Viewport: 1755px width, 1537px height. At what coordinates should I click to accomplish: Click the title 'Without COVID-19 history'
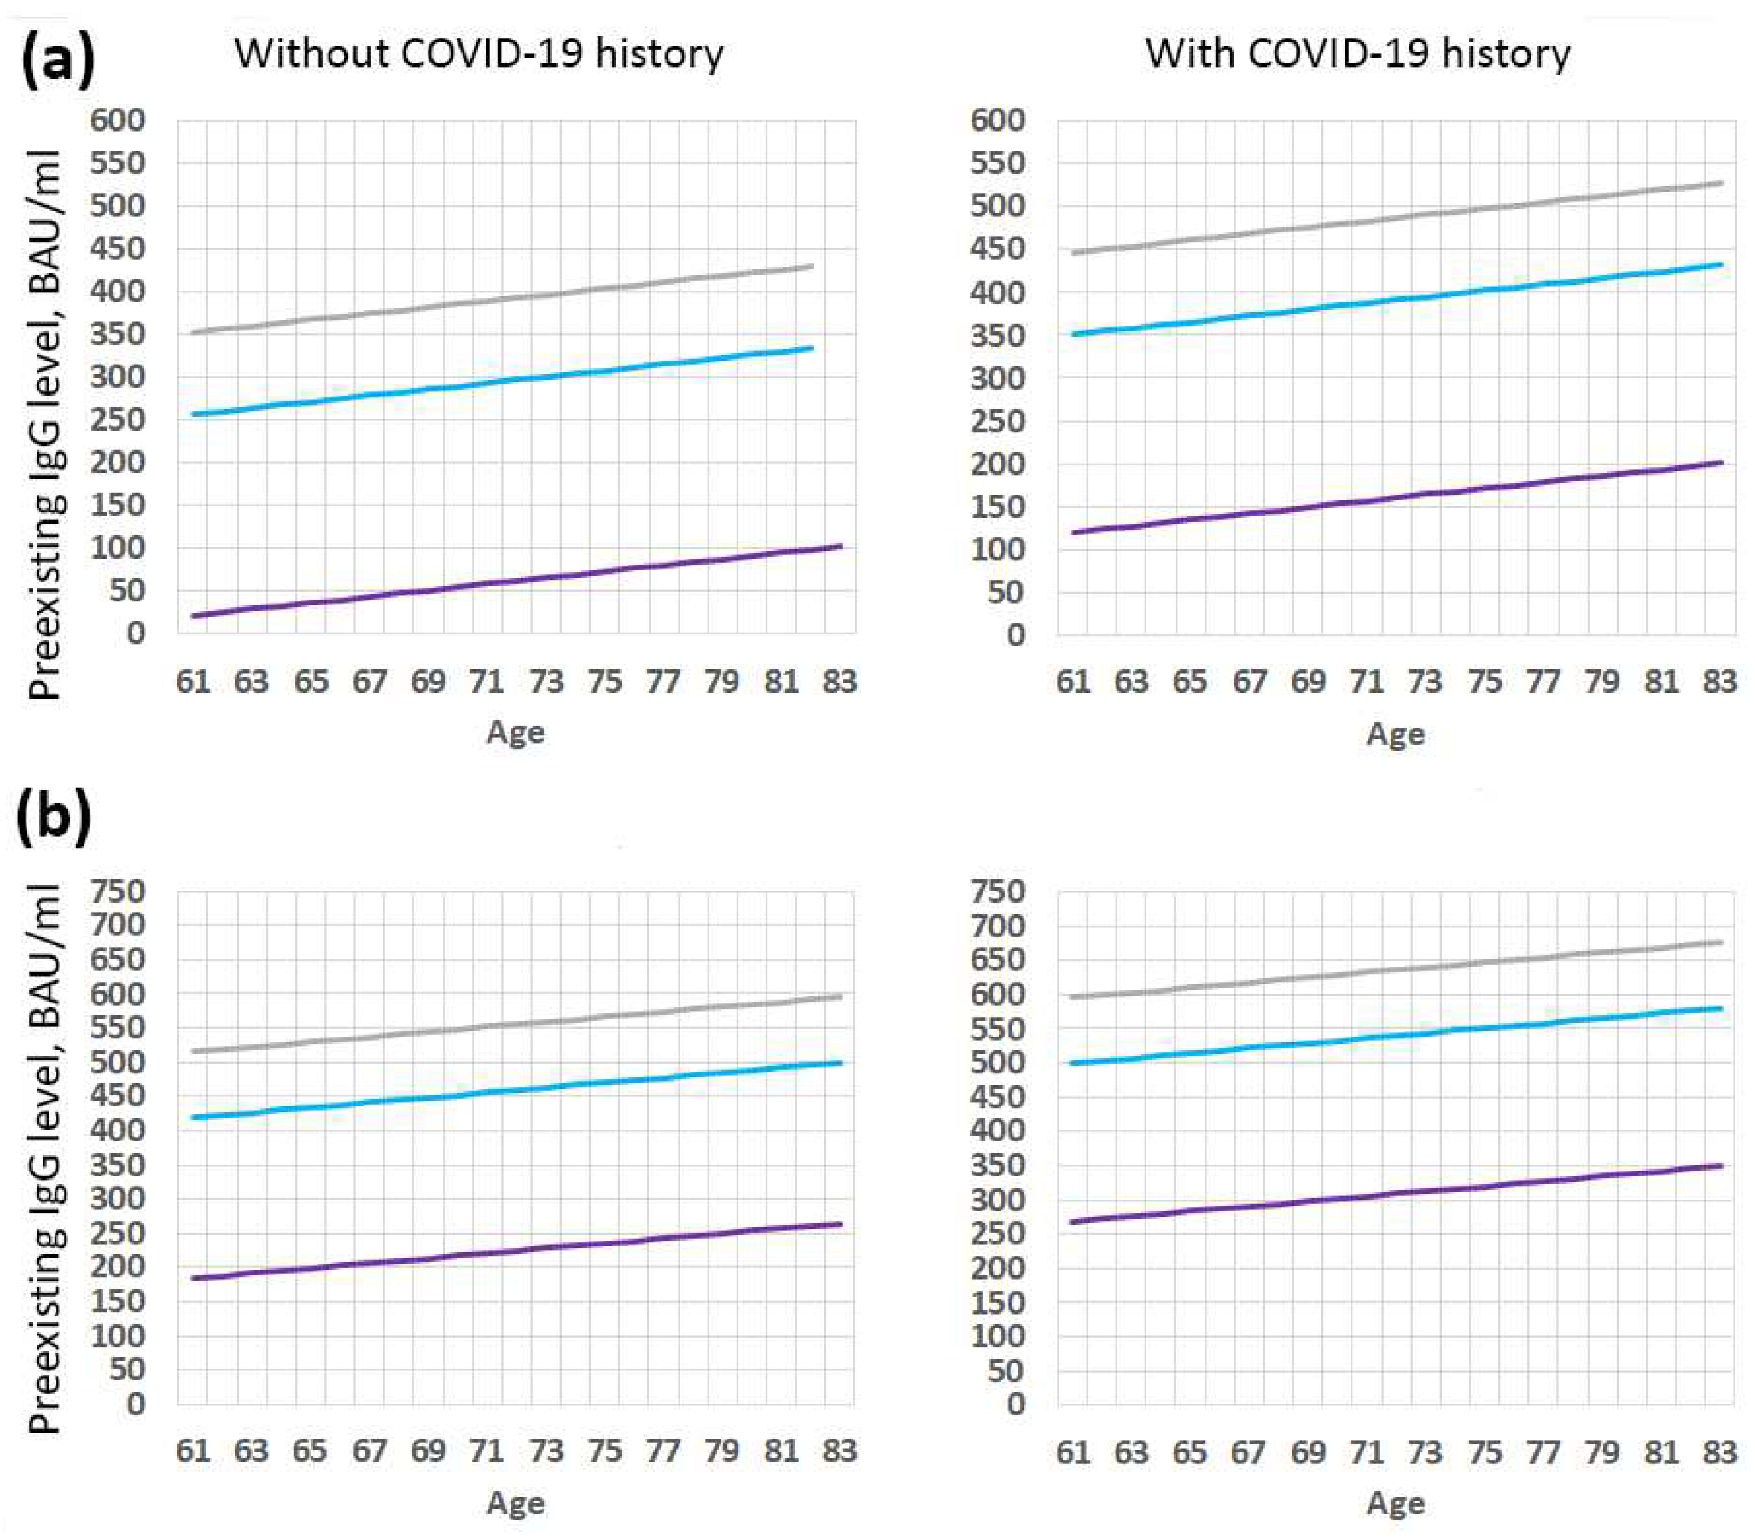pos(479,53)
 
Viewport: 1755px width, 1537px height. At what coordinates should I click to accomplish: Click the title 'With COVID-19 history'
pos(1358,53)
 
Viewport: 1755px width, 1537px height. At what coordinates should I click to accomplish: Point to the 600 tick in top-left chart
pos(119,120)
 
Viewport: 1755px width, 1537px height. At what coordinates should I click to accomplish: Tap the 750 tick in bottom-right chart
pos(998,891)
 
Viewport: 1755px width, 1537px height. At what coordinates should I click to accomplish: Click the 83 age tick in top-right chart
pos(1719,682)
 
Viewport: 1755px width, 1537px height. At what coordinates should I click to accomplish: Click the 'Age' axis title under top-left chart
pos(515,732)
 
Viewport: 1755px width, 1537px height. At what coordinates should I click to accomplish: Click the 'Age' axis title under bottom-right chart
pos(1396,1504)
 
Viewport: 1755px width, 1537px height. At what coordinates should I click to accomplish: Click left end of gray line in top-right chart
pos(1074,253)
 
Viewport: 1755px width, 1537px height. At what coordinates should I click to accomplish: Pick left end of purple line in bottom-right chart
pos(1074,1222)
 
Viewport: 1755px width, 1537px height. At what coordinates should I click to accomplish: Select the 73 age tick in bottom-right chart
pos(1425,1452)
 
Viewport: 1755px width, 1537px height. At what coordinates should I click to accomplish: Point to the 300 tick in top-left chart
pos(119,377)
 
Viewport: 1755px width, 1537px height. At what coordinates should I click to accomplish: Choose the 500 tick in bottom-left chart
pos(119,1062)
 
